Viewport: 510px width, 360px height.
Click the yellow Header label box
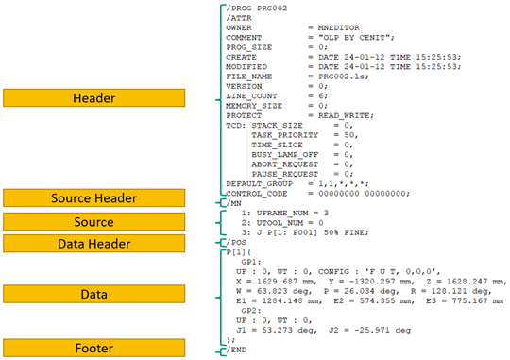click(94, 97)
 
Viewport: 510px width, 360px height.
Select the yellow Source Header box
click(94, 197)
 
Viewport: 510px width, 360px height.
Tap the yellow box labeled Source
click(94, 222)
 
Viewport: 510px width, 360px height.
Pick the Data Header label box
click(94, 244)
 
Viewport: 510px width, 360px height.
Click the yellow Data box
click(94, 294)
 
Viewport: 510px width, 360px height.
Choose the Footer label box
click(94, 348)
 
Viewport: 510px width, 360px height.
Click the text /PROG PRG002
click(257, 9)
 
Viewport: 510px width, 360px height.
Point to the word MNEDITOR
click(339, 27)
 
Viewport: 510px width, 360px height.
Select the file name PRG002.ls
click(343, 77)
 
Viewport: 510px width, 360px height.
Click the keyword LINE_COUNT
click(251, 96)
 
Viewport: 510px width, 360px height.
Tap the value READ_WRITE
click(345, 115)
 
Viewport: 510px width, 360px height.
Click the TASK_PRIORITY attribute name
click(285, 135)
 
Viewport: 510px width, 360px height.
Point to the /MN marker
click(234, 203)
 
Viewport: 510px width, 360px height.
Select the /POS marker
click(236, 243)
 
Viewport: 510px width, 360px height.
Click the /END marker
click(236, 350)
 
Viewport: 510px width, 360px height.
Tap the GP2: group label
click(251, 311)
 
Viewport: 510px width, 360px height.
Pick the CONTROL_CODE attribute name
click(257, 194)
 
